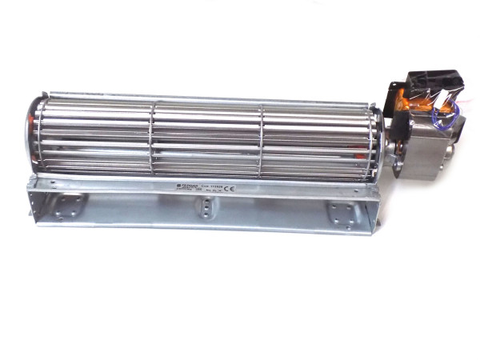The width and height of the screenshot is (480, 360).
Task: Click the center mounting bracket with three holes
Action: (206, 210)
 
